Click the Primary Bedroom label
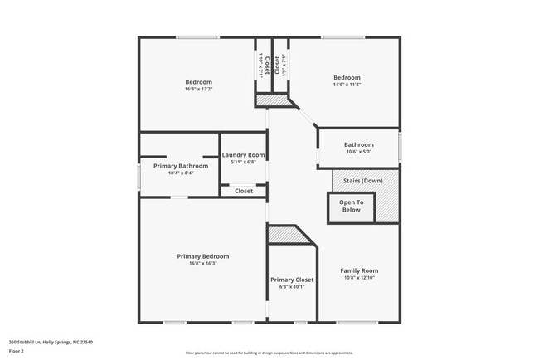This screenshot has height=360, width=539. tap(202, 256)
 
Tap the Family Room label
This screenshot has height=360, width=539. tap(359, 270)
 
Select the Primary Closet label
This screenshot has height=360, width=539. tap(292, 280)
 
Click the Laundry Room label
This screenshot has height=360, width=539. tap(243, 155)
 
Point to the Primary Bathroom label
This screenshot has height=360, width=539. tap(181, 166)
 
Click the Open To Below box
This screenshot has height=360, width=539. tap(351, 207)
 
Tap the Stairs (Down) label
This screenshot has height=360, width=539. tap(362, 180)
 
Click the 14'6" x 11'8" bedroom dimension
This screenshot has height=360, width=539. tap(347, 85)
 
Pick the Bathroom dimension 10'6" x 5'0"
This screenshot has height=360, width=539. tap(359, 152)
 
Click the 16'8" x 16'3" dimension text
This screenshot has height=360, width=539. tap(202, 264)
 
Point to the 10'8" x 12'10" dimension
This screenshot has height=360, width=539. tap(359, 278)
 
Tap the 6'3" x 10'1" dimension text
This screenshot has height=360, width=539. tap(292, 288)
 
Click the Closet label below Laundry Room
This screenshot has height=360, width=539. tap(244, 191)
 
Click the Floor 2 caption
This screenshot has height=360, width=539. tap(17, 351)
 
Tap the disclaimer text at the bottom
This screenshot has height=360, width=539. tap(269, 353)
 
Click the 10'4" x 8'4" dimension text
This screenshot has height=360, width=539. tap(181, 173)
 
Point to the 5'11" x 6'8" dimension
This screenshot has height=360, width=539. tap(243, 162)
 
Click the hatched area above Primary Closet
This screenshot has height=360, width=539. tap(287, 235)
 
